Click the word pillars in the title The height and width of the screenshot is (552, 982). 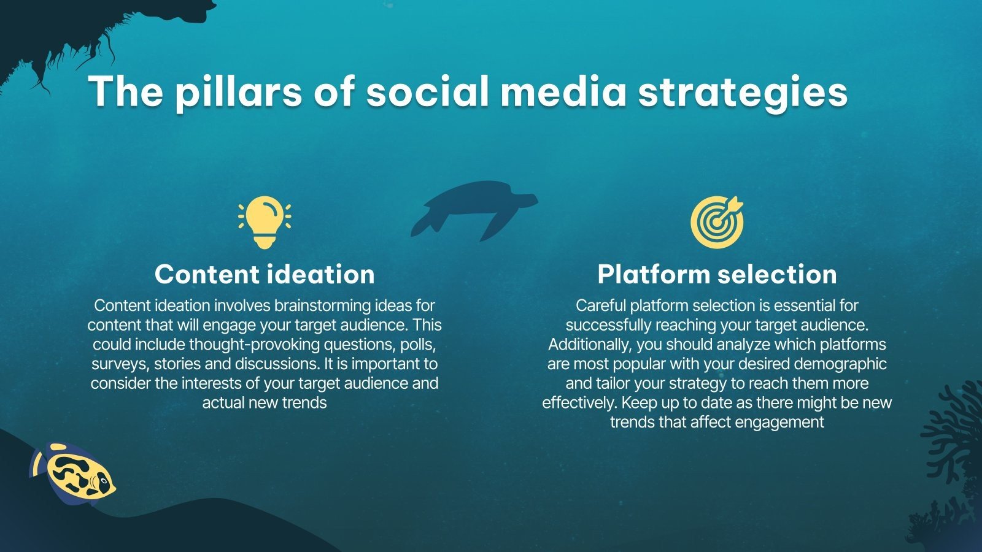239,92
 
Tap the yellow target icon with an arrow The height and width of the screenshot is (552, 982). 717,221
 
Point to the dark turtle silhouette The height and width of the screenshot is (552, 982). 473,209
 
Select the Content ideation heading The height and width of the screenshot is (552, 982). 265,274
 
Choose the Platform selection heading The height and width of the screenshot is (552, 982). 717,274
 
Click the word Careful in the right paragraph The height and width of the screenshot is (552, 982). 601,305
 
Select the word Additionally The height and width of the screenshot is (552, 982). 589,344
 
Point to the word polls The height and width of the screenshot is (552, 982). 418,344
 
